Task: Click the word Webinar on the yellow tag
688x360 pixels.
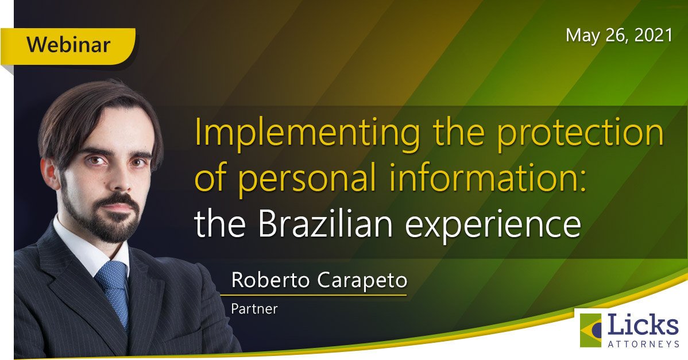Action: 68,45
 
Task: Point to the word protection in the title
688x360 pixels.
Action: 580,133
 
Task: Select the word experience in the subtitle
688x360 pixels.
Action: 493,226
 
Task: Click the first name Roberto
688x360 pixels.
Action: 270,280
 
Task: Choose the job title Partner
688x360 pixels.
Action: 254,309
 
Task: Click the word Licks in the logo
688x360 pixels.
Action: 643,325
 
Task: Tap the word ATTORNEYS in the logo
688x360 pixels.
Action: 643,344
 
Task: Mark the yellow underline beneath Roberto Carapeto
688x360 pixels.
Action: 314,295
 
